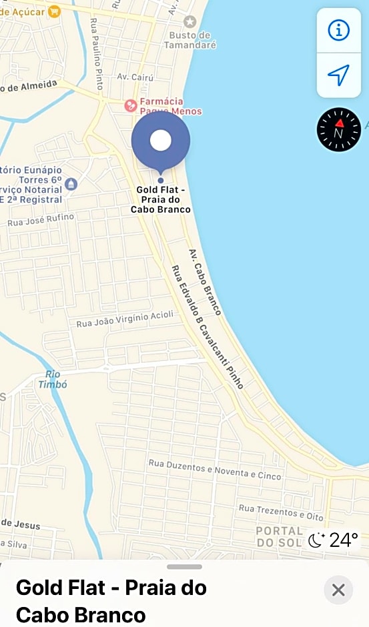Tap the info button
click(338, 30)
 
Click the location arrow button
click(338, 75)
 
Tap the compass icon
click(338, 129)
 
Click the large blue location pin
click(161, 141)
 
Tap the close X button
click(338, 590)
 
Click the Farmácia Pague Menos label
click(170, 107)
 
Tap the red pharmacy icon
click(131, 105)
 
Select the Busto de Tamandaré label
click(192, 40)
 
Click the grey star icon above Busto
click(190, 21)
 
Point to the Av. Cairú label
click(131, 77)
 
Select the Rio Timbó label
click(53, 380)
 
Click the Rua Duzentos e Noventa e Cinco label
click(215, 470)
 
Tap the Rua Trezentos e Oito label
click(281, 512)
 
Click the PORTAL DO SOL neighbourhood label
click(279, 536)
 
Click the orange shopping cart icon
click(54, 11)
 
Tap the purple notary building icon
click(71, 184)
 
